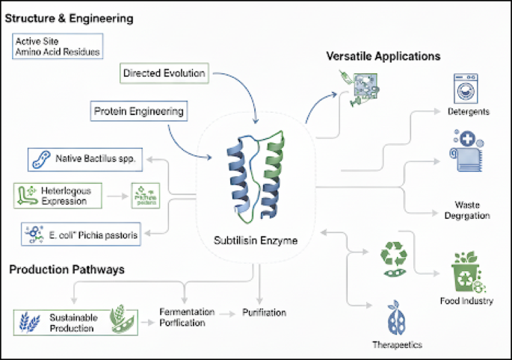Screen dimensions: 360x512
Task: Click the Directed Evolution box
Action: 163,73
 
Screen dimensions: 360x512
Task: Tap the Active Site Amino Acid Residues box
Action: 58,46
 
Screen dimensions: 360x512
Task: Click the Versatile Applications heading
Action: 383,56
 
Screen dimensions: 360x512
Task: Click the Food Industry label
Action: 467,301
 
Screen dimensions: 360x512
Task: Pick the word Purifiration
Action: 262,312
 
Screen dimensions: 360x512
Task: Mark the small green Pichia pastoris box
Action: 146,196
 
